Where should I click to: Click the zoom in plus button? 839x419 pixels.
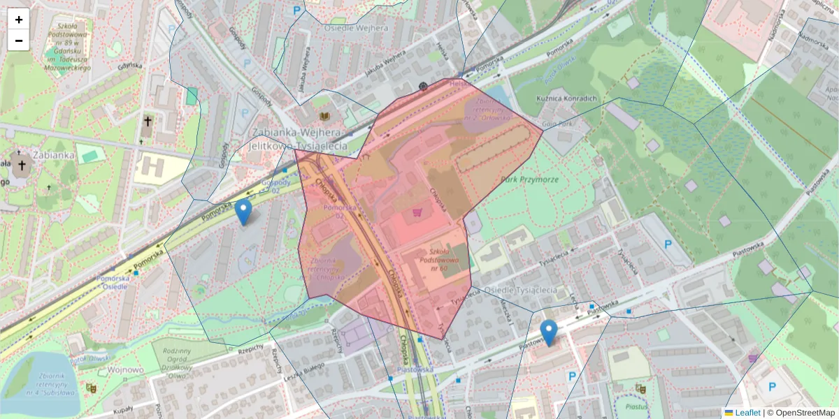pos(19,20)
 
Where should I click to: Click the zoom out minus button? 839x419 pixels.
pos(19,41)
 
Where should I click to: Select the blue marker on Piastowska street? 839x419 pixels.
pos(550,332)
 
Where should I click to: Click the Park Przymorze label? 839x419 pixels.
pos(529,179)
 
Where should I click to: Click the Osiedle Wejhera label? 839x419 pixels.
pos(356,28)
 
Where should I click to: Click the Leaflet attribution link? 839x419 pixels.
pos(747,413)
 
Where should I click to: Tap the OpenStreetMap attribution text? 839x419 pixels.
pos(803,413)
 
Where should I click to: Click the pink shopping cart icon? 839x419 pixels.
pos(418,212)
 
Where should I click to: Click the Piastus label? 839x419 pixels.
pos(636,406)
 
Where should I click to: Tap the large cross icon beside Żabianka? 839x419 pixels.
pos(22,166)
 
